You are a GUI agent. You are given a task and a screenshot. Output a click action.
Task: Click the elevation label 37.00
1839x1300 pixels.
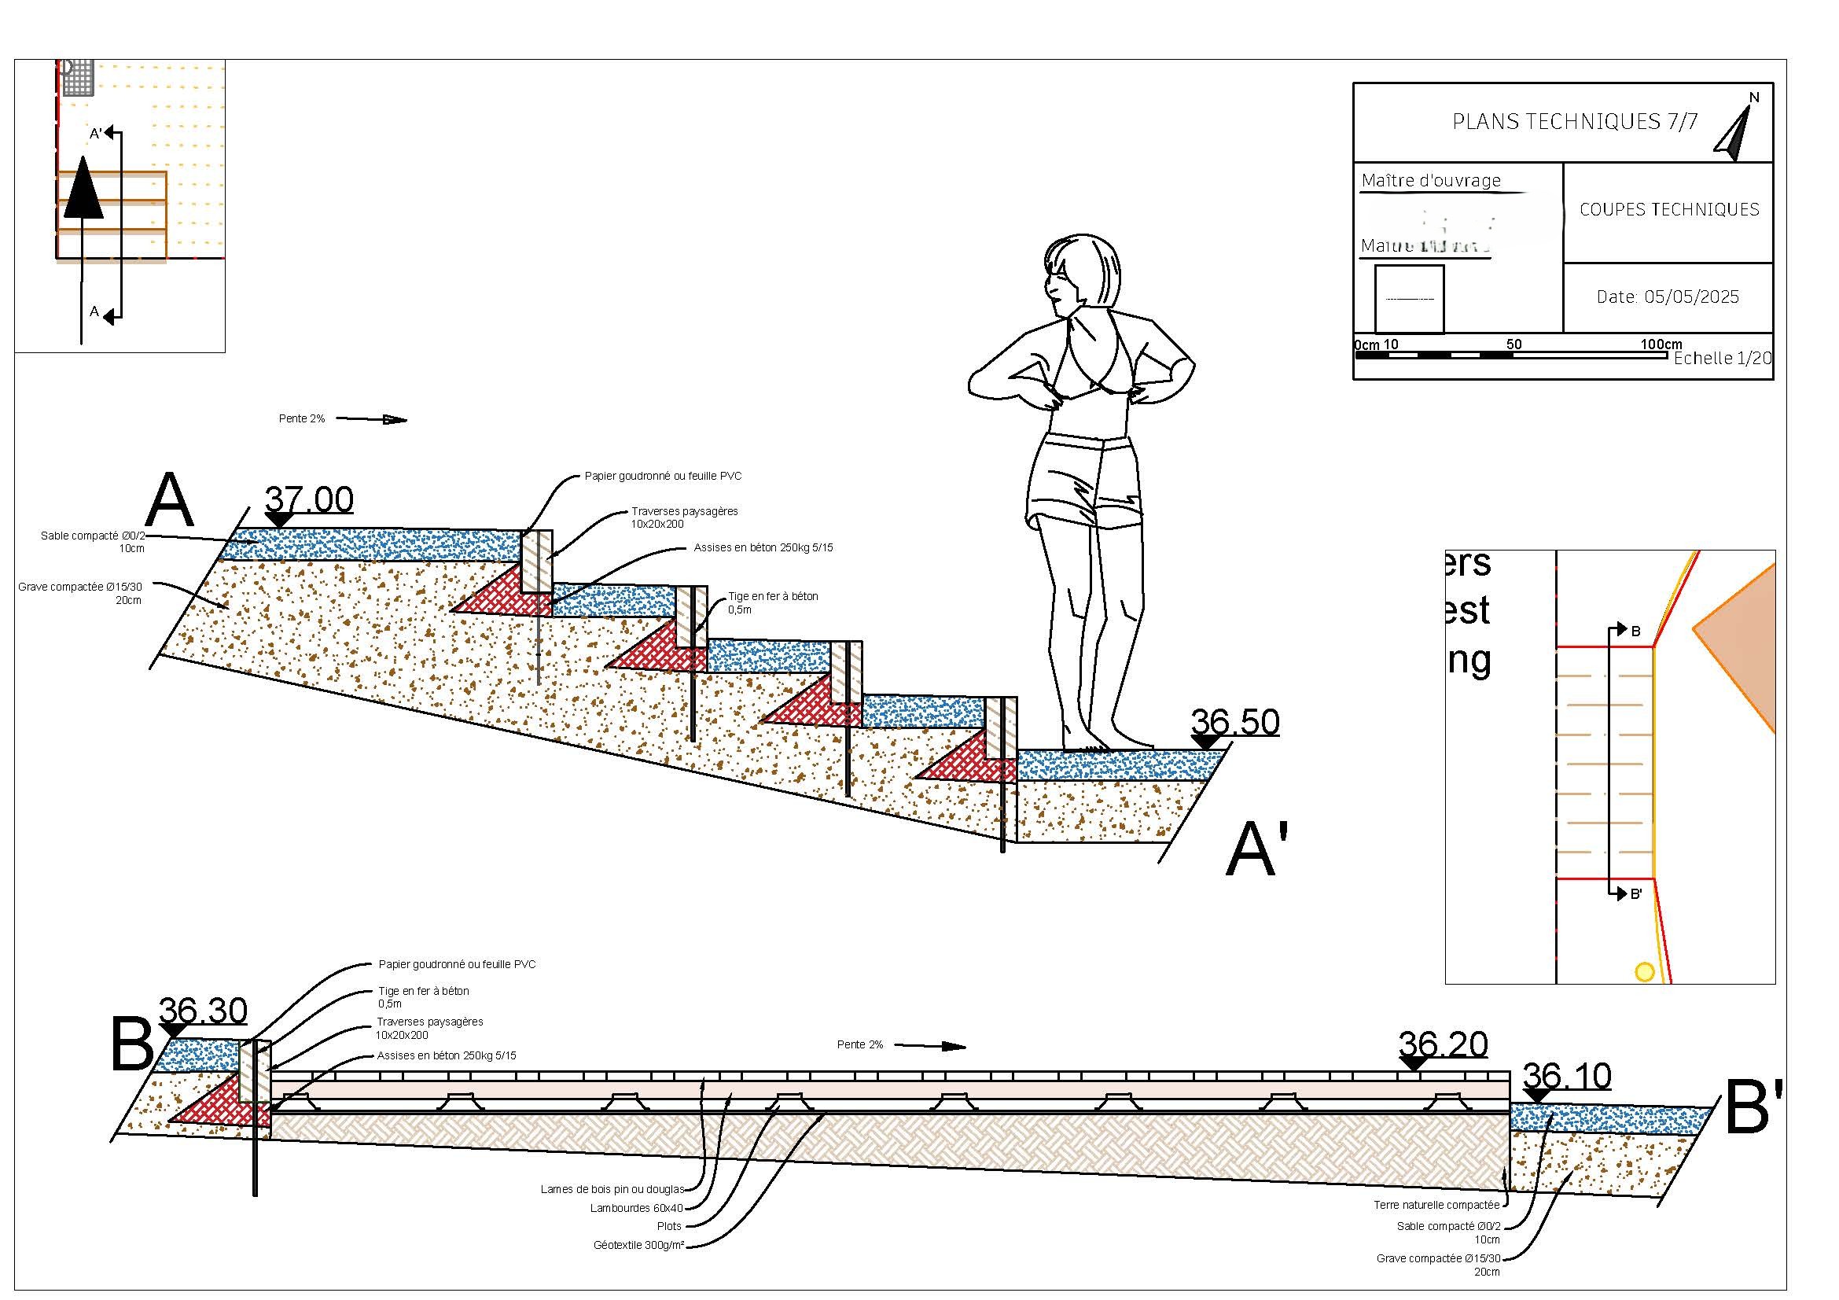click(x=308, y=500)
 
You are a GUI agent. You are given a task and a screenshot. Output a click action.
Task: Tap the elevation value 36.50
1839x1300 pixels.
click(x=1234, y=723)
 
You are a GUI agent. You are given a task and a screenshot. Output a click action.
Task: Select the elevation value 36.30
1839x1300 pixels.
click(x=204, y=1011)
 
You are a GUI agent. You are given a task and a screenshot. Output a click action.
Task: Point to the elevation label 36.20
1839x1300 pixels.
click(x=1443, y=1044)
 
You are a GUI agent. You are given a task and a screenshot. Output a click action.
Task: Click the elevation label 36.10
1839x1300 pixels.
click(x=1566, y=1077)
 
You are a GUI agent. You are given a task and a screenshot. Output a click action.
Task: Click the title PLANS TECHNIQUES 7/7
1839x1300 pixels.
click(x=1575, y=122)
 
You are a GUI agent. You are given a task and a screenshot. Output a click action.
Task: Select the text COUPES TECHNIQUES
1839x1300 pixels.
click(x=1669, y=210)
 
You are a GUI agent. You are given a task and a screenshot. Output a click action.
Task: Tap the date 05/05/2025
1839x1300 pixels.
click(x=1668, y=297)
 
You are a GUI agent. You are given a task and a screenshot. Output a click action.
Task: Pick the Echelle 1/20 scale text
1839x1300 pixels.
click(x=1722, y=359)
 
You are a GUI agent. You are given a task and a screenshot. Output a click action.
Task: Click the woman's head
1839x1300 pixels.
click(x=1081, y=272)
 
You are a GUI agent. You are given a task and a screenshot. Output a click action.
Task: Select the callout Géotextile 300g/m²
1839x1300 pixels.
click(x=638, y=1246)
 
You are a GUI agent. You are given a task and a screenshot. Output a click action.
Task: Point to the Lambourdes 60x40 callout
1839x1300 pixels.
click(x=636, y=1208)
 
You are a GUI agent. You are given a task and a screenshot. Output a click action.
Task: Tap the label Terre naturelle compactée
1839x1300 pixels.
click(x=1436, y=1205)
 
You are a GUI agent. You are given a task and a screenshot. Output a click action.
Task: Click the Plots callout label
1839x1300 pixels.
click(x=669, y=1226)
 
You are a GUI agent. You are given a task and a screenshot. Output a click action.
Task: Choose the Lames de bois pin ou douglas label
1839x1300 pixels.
click(x=612, y=1189)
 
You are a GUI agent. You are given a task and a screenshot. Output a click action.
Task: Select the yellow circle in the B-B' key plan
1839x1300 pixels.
click(x=1643, y=972)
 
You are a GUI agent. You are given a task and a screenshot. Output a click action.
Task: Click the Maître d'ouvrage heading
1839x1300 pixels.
click(x=1430, y=181)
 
